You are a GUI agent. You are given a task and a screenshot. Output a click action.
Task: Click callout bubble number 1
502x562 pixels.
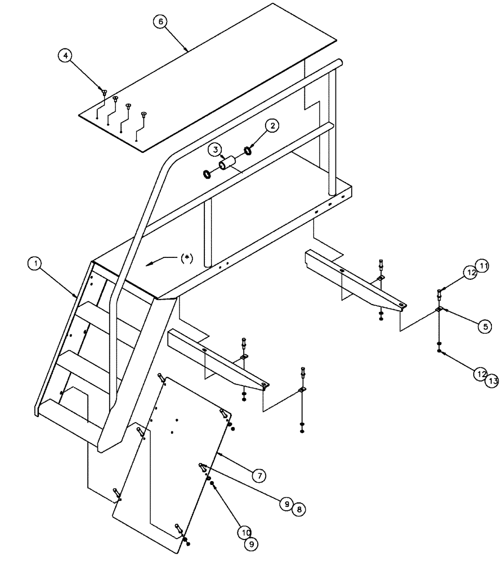pyautogui.click(x=35, y=262)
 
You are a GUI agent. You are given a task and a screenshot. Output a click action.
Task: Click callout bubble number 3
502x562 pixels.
pyautogui.click(x=215, y=149)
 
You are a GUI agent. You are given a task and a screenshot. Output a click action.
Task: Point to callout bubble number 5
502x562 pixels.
pyautogui.click(x=483, y=326)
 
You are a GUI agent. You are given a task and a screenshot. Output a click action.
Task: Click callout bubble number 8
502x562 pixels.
pyautogui.click(x=299, y=509)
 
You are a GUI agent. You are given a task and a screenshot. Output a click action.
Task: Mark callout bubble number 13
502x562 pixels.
pyautogui.click(x=492, y=380)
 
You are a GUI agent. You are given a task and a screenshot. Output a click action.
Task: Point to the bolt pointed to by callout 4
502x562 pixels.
pyautogui.click(x=105, y=92)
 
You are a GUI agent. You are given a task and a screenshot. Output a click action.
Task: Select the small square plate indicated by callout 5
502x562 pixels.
pyautogui.click(x=439, y=309)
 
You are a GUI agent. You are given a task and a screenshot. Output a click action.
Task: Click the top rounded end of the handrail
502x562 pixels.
pyautogui.click(x=337, y=63)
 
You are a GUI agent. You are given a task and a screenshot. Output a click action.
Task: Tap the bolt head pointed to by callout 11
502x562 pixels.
pyautogui.click(x=440, y=291)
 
